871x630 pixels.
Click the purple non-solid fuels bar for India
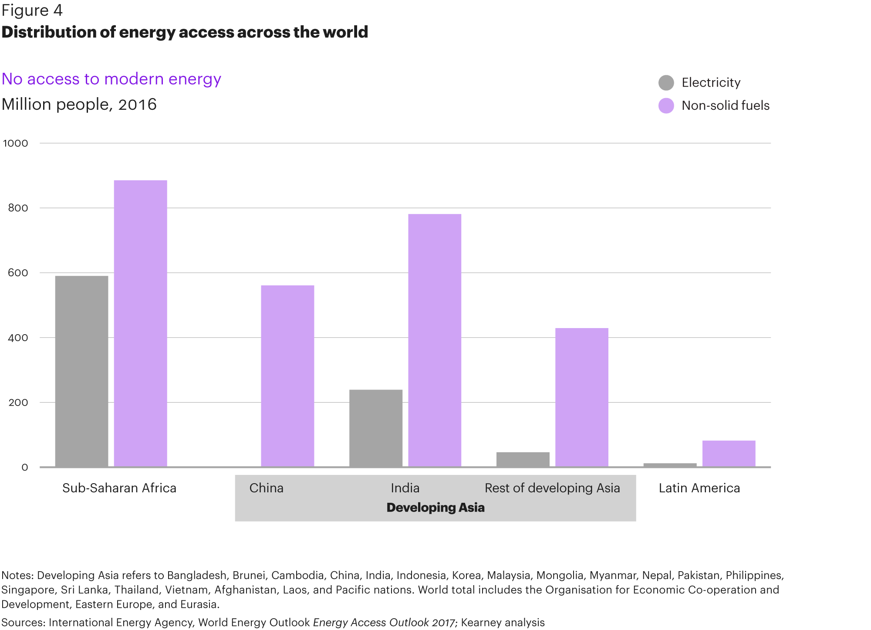[434, 340]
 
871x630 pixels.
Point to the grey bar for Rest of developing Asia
[523, 460]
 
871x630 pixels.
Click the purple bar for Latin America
[729, 454]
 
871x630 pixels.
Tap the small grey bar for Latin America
[670, 465]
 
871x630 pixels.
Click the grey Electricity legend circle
[666, 82]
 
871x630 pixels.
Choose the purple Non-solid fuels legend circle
[666, 105]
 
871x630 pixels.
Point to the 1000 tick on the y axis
[16, 143]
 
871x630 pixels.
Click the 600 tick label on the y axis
[18, 273]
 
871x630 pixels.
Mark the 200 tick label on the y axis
[18, 403]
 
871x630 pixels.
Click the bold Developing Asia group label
[435, 508]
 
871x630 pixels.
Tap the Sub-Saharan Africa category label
[119, 488]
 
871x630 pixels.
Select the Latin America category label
[699, 488]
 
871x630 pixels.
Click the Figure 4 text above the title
[32, 10]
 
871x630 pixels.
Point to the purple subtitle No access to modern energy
[111, 79]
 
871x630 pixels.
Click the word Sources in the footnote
[22, 622]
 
